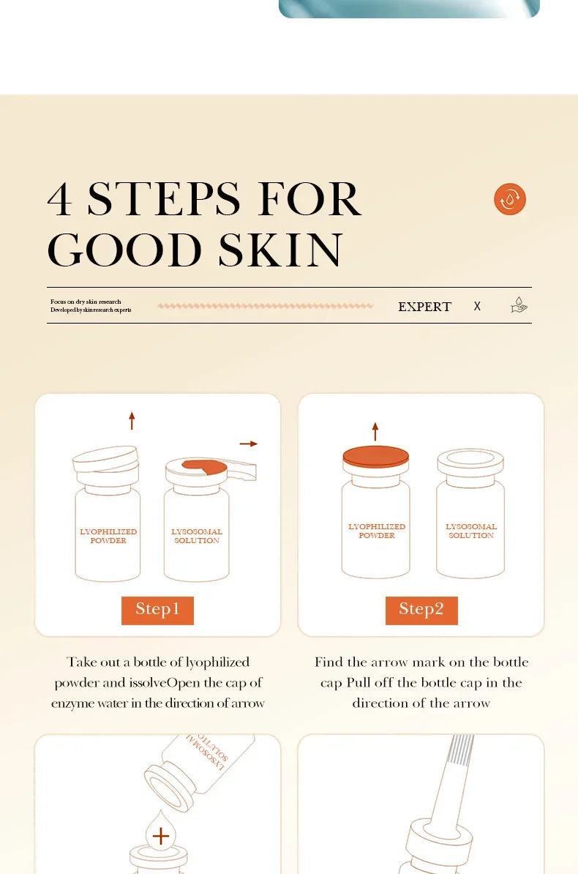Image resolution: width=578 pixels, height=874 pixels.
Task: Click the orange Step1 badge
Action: pyautogui.click(x=157, y=610)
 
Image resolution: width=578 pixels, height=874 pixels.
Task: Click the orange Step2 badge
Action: pyautogui.click(x=421, y=610)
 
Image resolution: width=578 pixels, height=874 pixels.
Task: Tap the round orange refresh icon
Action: pyautogui.click(x=510, y=199)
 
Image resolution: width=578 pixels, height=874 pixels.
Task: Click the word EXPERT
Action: pyautogui.click(x=424, y=307)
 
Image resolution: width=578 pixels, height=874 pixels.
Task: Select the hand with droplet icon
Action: pyautogui.click(x=519, y=305)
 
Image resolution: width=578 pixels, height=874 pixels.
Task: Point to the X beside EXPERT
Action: pyautogui.click(x=477, y=307)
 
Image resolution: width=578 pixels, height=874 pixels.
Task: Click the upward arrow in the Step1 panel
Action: pyautogui.click(x=132, y=420)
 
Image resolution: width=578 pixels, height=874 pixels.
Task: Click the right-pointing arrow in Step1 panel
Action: pyautogui.click(x=249, y=444)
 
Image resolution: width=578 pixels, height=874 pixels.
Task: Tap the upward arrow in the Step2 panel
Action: pyautogui.click(x=375, y=431)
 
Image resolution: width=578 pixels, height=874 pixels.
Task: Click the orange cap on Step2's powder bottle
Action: pyautogui.click(x=376, y=456)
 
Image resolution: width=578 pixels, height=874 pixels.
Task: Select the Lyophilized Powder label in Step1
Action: pyautogui.click(x=108, y=537)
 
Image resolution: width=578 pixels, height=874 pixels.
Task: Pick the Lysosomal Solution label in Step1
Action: pyautogui.click(x=197, y=537)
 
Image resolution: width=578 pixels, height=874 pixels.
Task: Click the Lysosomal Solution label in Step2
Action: pyautogui.click(x=471, y=531)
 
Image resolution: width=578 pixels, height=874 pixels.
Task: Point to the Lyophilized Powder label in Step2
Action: pyautogui.click(x=377, y=531)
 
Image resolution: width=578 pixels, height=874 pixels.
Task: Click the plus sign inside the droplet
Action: pyautogui.click(x=160, y=836)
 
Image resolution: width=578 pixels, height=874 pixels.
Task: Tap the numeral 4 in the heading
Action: pyautogui.click(x=60, y=199)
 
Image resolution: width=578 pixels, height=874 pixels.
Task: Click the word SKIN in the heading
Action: pyautogui.click(x=280, y=250)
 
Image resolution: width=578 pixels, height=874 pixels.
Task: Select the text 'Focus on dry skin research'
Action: pyautogui.click(x=86, y=302)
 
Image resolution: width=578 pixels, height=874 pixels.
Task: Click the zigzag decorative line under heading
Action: pyautogui.click(x=265, y=306)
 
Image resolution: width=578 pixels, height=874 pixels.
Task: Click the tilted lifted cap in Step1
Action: pyautogui.click(x=105, y=459)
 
